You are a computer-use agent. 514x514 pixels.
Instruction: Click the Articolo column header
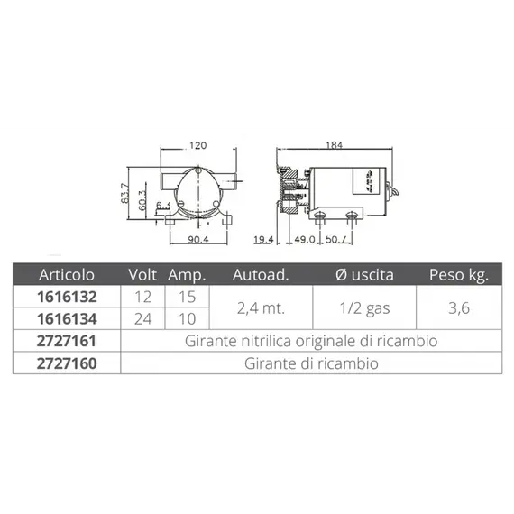click(67, 274)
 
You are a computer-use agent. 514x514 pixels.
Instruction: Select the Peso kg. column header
click(459, 275)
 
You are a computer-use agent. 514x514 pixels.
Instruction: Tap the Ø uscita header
click(364, 275)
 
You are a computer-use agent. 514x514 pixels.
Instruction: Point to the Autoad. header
click(261, 275)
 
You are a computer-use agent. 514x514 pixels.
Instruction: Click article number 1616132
click(67, 297)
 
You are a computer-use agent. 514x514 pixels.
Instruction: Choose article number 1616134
click(67, 319)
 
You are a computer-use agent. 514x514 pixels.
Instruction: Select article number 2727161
click(67, 341)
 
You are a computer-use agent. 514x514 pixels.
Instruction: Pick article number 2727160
click(67, 363)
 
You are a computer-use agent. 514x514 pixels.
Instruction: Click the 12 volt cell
click(142, 297)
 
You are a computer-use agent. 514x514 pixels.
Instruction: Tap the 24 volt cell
click(142, 319)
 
